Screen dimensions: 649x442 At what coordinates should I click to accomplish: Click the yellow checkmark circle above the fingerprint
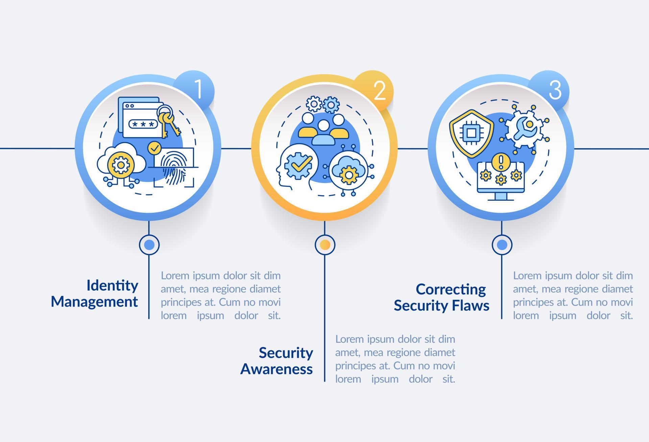[x=155, y=148]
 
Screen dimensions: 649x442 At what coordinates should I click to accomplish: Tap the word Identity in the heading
[x=112, y=285]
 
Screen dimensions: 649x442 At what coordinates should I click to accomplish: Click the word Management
[x=94, y=302]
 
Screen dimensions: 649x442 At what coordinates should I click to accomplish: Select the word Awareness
[x=277, y=369]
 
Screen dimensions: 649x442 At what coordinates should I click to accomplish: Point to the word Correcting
[x=451, y=289]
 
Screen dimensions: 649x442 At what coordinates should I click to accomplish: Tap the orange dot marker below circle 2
[x=325, y=245]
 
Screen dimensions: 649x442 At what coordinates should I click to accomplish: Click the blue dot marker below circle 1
[x=149, y=244]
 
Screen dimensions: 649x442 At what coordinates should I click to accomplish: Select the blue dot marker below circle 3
[x=502, y=245]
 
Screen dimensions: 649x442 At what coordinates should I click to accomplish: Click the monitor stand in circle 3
[x=501, y=197]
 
